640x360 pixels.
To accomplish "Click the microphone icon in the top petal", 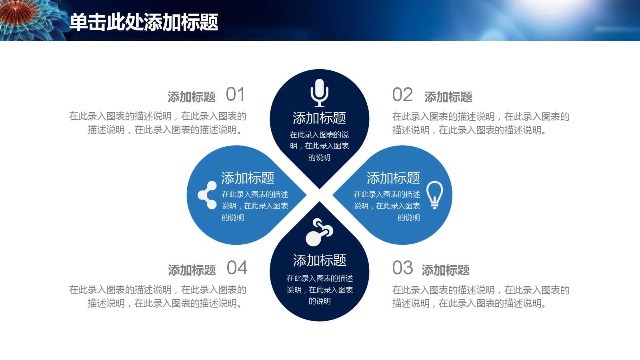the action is coord(320,93).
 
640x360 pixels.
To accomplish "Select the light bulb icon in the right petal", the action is coord(434,195).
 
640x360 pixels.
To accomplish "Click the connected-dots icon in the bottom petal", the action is coord(319,232).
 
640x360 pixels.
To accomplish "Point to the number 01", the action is coord(236,94).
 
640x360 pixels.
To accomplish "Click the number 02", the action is coord(402,94).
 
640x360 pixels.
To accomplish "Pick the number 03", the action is coord(402,268).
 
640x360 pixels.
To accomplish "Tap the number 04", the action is coord(237,268).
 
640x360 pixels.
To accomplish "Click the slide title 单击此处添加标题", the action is coord(144,22).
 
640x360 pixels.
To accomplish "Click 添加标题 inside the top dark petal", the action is coord(320,118).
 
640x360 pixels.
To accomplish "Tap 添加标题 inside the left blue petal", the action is coord(248,178).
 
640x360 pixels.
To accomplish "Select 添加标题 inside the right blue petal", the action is coord(394,178).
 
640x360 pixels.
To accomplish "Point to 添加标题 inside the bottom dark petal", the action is coord(320,260).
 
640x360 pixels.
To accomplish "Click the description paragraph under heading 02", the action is coord(481,124).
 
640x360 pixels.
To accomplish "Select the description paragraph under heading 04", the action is coord(158,296).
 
